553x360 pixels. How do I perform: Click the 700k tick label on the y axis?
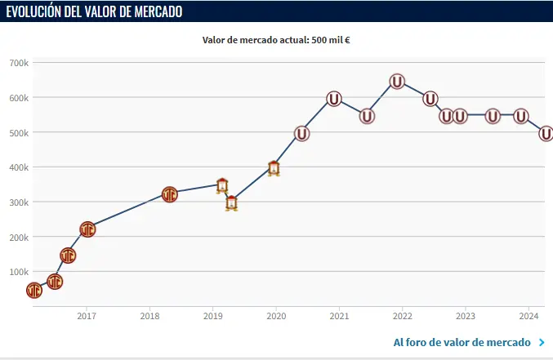[x=18, y=63]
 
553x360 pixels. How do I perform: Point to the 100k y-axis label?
[x=18, y=272]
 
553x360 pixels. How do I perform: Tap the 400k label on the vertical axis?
[x=18, y=167]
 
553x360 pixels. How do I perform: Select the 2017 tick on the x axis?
[x=87, y=316]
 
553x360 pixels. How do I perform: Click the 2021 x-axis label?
[x=339, y=316]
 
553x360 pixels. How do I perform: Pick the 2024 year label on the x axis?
[x=529, y=316]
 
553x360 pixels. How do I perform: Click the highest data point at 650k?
[x=397, y=82]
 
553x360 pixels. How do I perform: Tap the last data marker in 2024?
[x=546, y=134]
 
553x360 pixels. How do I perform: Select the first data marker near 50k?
[x=33, y=291]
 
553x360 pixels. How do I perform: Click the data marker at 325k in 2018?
[x=169, y=194]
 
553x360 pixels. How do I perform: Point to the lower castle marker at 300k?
[x=231, y=203]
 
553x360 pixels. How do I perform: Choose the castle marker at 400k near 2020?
[x=274, y=169]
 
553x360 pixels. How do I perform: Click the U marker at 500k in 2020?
[x=301, y=134]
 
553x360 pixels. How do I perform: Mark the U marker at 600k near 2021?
[x=334, y=99]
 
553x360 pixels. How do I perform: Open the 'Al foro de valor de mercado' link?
[x=462, y=342]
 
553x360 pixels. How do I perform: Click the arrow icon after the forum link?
[x=542, y=342]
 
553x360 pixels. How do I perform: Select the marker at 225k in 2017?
[x=87, y=229]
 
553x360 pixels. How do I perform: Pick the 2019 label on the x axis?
[x=212, y=316]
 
